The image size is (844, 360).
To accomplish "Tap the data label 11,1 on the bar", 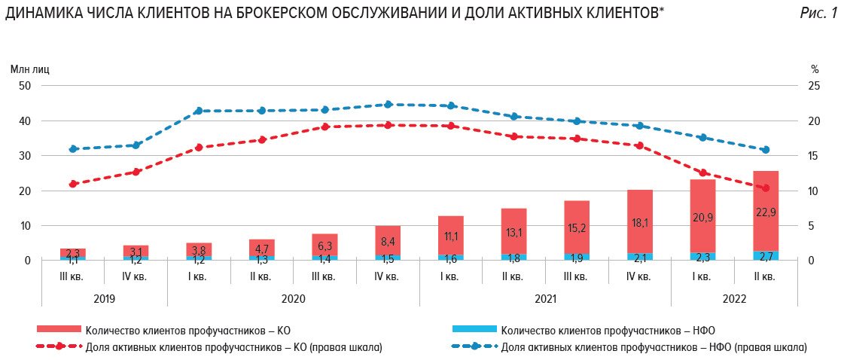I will (x=450, y=236).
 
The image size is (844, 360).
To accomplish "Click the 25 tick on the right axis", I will (x=813, y=86).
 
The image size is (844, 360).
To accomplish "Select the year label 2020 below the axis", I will (x=293, y=299).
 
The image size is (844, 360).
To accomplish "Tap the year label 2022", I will (x=733, y=299).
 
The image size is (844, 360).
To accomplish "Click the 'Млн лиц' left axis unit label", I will (x=29, y=69).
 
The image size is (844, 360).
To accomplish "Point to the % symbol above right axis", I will (x=814, y=69).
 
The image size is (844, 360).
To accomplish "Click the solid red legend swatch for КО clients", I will (x=58, y=329).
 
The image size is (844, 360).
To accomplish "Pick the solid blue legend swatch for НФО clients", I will (x=474, y=329).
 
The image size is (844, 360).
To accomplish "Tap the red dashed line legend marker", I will (x=58, y=347).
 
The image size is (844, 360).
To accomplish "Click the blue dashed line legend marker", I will (x=474, y=347).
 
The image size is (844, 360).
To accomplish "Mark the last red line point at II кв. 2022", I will (x=766, y=188).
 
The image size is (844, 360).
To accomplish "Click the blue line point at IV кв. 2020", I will (x=388, y=105).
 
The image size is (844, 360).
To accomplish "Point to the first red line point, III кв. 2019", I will (x=73, y=184).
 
